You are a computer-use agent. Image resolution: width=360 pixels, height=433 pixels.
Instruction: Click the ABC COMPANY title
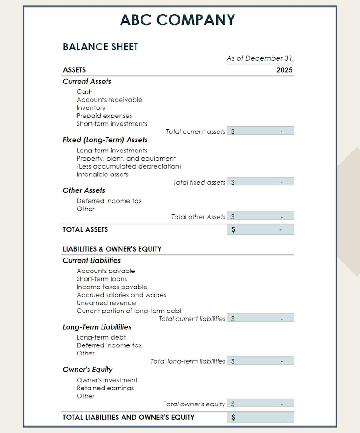coord(178,20)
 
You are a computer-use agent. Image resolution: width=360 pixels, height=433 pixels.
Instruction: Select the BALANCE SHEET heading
coord(100,47)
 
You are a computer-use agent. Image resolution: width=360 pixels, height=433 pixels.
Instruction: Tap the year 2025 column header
coord(284,70)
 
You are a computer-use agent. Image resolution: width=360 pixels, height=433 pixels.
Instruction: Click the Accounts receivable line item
coord(109,100)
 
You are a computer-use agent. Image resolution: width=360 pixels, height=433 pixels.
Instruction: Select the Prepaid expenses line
coord(104,116)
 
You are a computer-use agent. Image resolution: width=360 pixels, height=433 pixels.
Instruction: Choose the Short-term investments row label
coord(112,124)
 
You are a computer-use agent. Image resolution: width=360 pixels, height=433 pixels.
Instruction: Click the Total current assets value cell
coord(260,131)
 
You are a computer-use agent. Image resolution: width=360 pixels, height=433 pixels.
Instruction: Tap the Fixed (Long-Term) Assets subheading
coord(105,140)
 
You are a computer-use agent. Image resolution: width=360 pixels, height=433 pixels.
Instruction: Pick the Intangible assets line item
coord(102,175)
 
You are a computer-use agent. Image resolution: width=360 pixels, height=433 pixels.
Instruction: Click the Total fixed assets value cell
coord(260,182)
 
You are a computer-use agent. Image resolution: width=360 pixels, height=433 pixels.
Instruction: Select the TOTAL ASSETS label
coord(85,229)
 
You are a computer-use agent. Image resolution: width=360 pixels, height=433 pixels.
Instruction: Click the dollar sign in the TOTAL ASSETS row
coord(233,230)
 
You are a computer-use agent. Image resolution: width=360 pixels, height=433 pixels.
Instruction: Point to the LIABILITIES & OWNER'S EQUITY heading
coord(112,249)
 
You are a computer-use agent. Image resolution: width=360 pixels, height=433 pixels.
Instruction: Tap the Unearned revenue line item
coord(106,303)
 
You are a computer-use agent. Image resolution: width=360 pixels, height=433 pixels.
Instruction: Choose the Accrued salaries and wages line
coord(122,295)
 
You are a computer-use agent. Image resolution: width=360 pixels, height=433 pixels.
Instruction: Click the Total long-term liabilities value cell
coord(260,361)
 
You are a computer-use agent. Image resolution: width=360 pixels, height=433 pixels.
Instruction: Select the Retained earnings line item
coord(105,388)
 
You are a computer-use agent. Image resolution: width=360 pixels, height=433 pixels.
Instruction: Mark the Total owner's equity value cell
coord(260,404)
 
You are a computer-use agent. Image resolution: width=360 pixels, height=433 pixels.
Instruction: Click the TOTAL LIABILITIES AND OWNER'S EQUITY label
coord(128,417)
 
